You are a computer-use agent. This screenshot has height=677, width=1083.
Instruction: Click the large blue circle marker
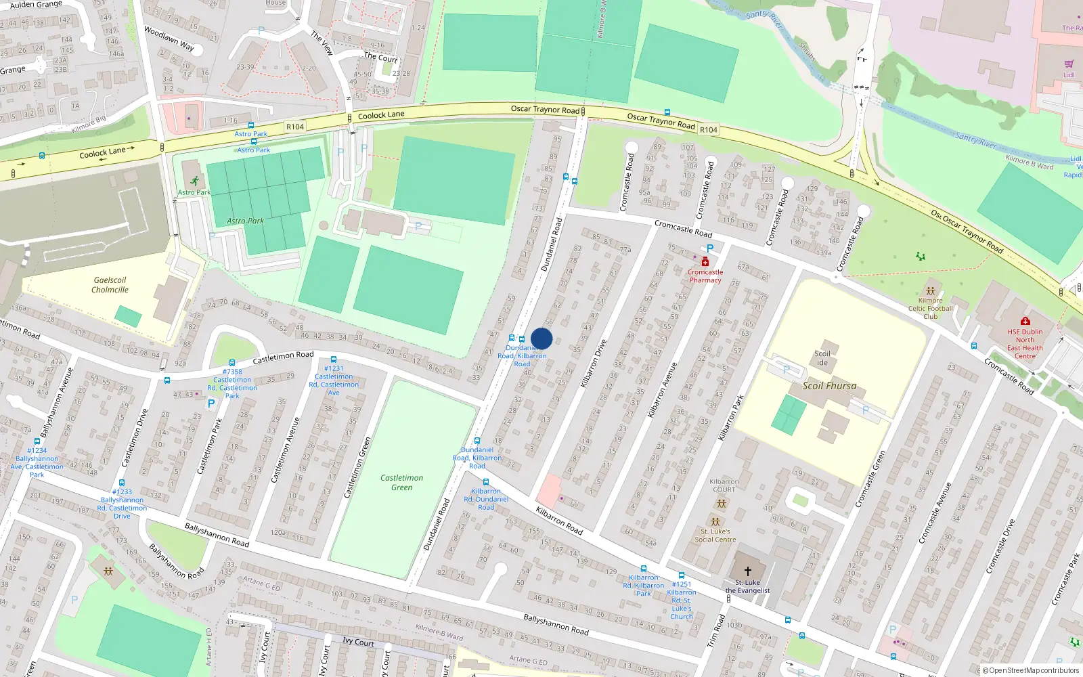click(x=541, y=338)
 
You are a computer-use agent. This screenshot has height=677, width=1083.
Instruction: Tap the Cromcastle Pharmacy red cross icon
click(x=705, y=262)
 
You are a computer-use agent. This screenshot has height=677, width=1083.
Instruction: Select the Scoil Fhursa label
click(x=829, y=386)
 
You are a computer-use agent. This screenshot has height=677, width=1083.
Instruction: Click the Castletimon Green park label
click(x=401, y=482)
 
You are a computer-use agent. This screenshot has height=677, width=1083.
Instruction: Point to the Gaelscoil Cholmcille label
click(x=110, y=285)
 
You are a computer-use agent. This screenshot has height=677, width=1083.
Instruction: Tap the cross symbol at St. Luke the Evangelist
click(x=748, y=571)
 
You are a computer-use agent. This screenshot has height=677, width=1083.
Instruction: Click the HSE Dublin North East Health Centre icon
click(x=1025, y=322)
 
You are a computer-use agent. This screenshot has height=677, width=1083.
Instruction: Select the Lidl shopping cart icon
click(x=1069, y=64)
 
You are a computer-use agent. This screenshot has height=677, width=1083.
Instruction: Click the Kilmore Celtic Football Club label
click(x=931, y=308)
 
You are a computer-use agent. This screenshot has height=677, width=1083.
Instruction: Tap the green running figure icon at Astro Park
click(x=195, y=181)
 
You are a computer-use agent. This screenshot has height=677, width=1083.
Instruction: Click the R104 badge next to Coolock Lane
click(x=295, y=127)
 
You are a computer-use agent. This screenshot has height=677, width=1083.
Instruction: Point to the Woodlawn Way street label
click(x=169, y=39)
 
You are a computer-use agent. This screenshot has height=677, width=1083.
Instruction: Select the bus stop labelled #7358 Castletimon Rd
click(x=232, y=364)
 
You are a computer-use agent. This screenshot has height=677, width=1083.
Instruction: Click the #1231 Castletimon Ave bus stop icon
click(x=334, y=359)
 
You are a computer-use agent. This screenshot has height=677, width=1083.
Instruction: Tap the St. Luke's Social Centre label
click(x=715, y=535)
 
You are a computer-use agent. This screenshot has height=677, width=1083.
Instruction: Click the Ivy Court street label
click(x=358, y=641)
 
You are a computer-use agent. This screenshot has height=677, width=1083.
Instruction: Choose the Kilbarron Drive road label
click(x=593, y=364)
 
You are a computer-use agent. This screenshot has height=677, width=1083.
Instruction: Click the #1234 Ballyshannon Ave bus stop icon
click(x=37, y=441)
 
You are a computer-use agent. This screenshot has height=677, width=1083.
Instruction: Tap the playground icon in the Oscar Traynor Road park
click(x=920, y=257)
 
